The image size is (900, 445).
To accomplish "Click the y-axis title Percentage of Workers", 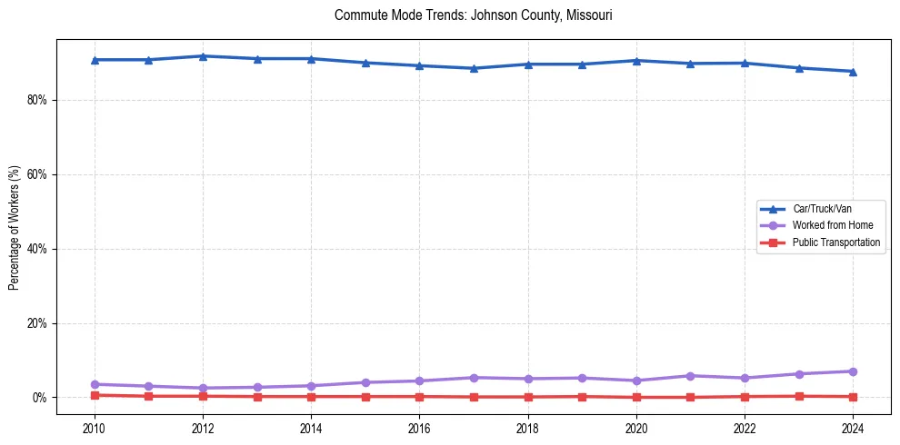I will pos(15,228).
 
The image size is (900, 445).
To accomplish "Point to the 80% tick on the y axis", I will pos(36,100).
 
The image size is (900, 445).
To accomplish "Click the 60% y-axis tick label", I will pos(36,174).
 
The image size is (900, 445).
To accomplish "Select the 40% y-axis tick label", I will pos(36,249).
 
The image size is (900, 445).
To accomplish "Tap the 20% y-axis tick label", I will pos(36,323).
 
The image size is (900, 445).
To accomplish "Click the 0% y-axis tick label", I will pos(39,398).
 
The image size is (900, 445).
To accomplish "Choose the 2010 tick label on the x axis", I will pos(95,428).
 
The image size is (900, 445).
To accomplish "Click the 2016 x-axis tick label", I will pos(419,428).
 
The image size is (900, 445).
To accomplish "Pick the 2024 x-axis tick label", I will pos(853,428).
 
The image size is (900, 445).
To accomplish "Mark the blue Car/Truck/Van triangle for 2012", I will pos(203,56).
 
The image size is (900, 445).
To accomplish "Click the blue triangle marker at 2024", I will pos(853,72).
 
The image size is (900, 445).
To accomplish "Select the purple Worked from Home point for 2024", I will pos(853,371).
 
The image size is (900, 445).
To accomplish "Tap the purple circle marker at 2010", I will pos(95,384).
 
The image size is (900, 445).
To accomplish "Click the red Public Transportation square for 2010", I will pos(95,395).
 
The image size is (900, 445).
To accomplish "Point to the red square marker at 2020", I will pos(636,397).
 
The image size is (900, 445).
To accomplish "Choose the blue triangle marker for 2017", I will pos(474,68).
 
